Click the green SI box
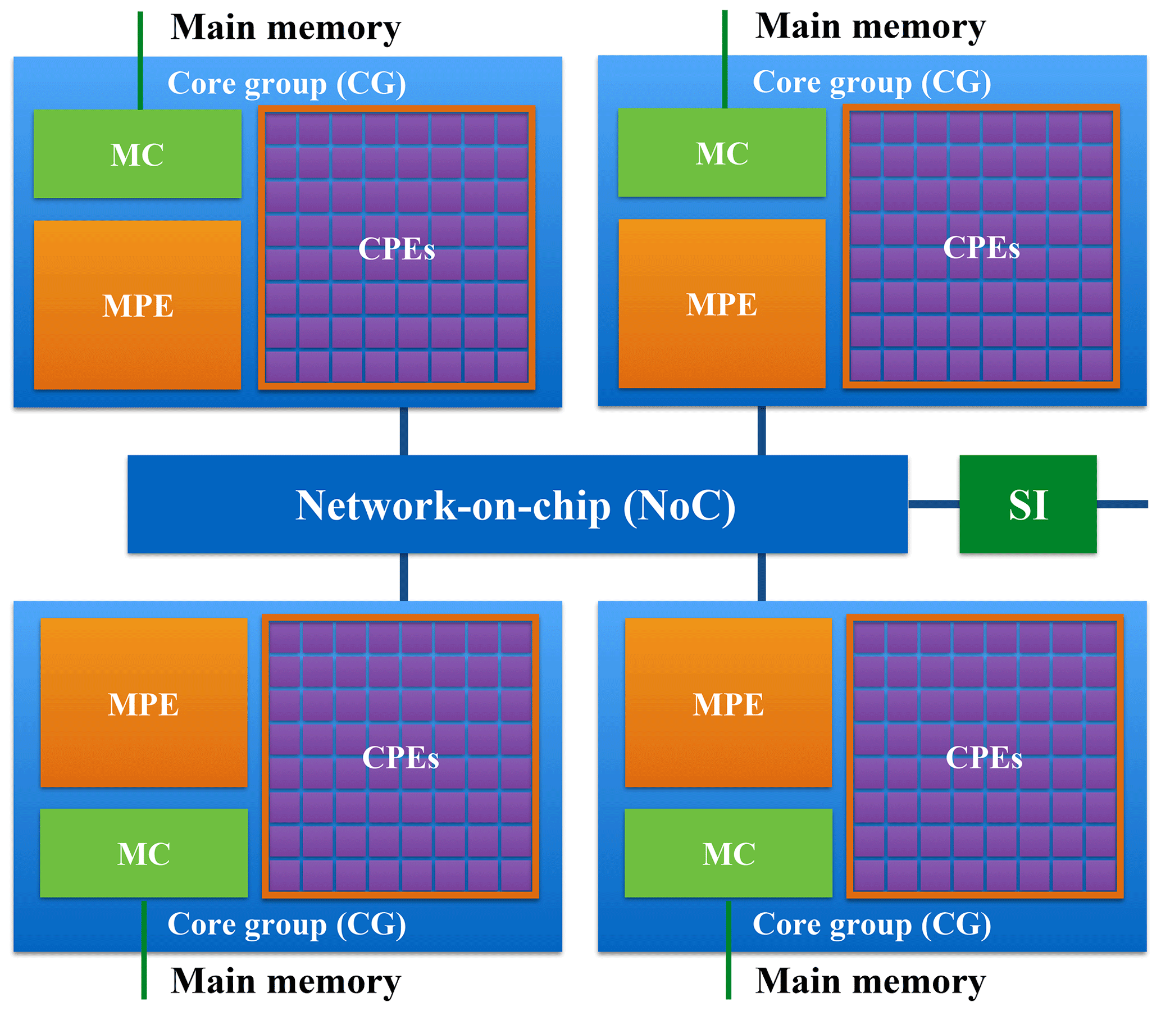click(x=1028, y=504)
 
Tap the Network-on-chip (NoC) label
click(x=515, y=505)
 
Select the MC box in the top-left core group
click(x=137, y=154)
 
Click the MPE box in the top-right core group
click(x=722, y=303)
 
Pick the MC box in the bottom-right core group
click(x=729, y=853)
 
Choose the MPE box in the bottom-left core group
click(x=143, y=703)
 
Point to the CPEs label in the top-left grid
click(x=397, y=248)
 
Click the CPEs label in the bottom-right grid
click(x=984, y=757)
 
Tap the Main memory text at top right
click(x=871, y=26)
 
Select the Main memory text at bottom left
click(x=285, y=981)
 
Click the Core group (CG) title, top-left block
click(x=286, y=84)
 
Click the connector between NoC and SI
click(x=934, y=504)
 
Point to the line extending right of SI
click(x=1122, y=504)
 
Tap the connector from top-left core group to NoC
click(x=404, y=431)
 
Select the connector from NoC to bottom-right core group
click(x=762, y=577)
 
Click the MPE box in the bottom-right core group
click(x=729, y=703)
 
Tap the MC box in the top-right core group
click(x=722, y=153)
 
